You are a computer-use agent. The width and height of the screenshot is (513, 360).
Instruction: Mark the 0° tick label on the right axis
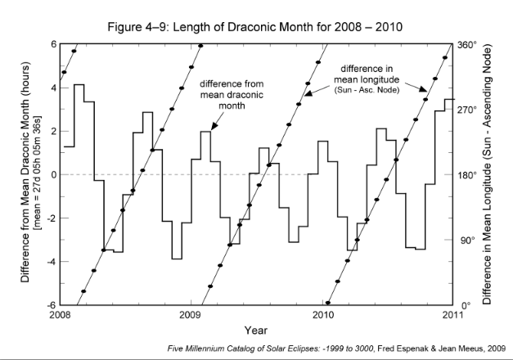click(464, 305)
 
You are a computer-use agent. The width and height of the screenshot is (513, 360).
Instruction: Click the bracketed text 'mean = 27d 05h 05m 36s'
click(38, 175)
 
